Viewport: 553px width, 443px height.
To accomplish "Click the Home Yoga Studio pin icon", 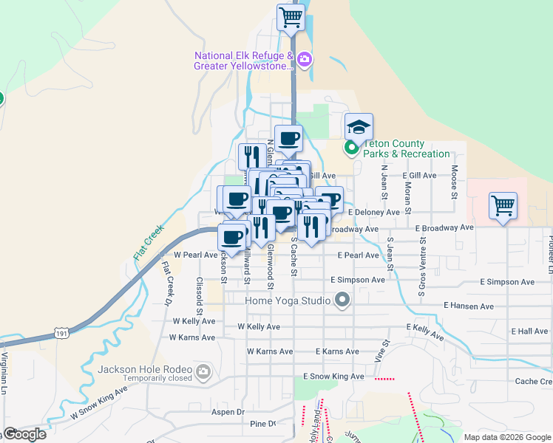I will point(342,301).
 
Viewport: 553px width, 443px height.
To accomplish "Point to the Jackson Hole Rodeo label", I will point(145,369).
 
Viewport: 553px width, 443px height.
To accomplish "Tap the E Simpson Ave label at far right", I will point(506,282).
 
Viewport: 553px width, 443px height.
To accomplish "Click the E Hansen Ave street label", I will point(468,306).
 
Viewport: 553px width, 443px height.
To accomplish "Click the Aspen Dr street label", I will point(228,412).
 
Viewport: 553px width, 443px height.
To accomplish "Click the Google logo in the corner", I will point(24,434).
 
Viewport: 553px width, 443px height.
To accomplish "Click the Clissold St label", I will point(199,292).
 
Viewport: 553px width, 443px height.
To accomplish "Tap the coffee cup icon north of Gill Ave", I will point(288,137).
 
